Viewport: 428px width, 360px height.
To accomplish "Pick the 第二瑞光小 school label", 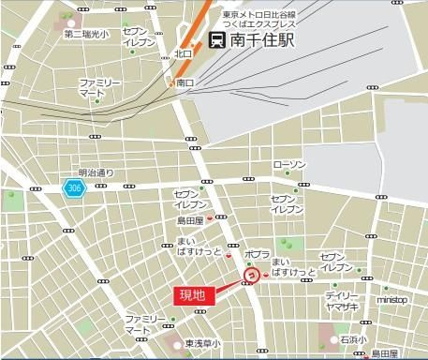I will click(86, 35).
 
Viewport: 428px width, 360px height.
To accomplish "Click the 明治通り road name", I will click(95, 172).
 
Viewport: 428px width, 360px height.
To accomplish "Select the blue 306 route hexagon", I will click(73, 187).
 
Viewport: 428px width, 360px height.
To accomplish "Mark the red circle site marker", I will click(251, 276).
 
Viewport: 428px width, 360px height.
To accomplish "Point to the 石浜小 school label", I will click(353, 339).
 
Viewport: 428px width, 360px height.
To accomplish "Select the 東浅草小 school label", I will click(202, 343).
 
